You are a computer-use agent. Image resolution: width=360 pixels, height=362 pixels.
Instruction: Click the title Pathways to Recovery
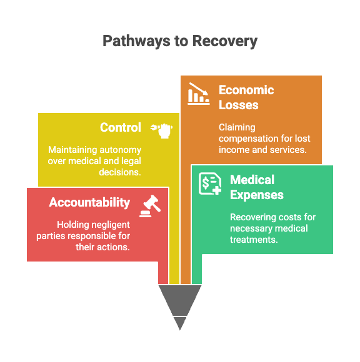(x=180, y=41)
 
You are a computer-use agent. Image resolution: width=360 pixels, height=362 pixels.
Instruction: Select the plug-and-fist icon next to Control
(x=161, y=130)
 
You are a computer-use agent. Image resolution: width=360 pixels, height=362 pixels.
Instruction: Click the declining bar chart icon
(x=199, y=94)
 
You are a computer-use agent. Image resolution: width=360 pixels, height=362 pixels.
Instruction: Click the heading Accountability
(x=89, y=202)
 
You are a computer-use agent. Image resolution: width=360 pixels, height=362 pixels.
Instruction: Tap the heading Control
(x=121, y=127)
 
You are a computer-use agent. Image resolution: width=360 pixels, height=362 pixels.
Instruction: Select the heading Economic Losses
(x=246, y=97)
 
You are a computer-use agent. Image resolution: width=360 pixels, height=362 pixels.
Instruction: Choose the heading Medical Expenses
(x=257, y=187)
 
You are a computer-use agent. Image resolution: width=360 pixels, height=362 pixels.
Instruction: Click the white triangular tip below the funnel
(x=180, y=323)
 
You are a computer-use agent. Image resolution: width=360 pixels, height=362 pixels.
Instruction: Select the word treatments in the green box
(x=254, y=240)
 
